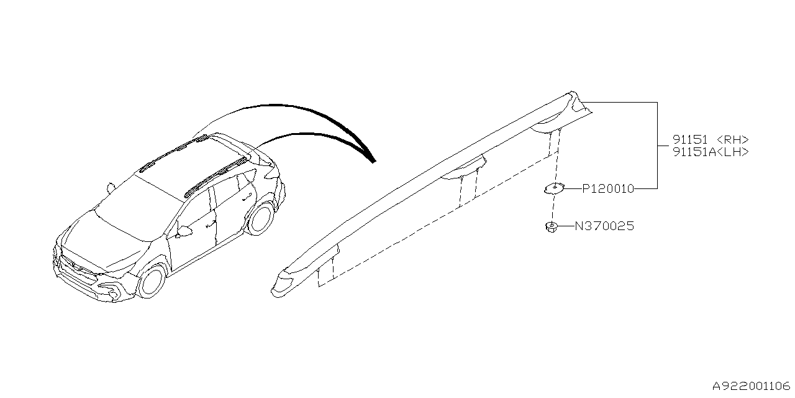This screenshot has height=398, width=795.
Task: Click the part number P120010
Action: point(608,188)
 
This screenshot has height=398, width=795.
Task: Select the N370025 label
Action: point(604,226)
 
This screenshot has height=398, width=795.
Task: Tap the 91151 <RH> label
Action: point(711,139)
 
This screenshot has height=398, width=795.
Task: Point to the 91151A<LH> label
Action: point(711,152)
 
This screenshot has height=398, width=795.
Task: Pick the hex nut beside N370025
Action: point(551,227)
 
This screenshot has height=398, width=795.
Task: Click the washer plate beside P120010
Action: point(554,188)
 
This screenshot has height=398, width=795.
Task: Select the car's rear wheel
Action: point(261,218)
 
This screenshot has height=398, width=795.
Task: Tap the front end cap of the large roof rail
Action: point(284,283)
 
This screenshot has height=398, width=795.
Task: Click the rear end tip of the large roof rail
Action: point(572,95)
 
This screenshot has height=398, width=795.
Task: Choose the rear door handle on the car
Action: point(247,197)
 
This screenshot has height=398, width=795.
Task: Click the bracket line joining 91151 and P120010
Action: point(657,146)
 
